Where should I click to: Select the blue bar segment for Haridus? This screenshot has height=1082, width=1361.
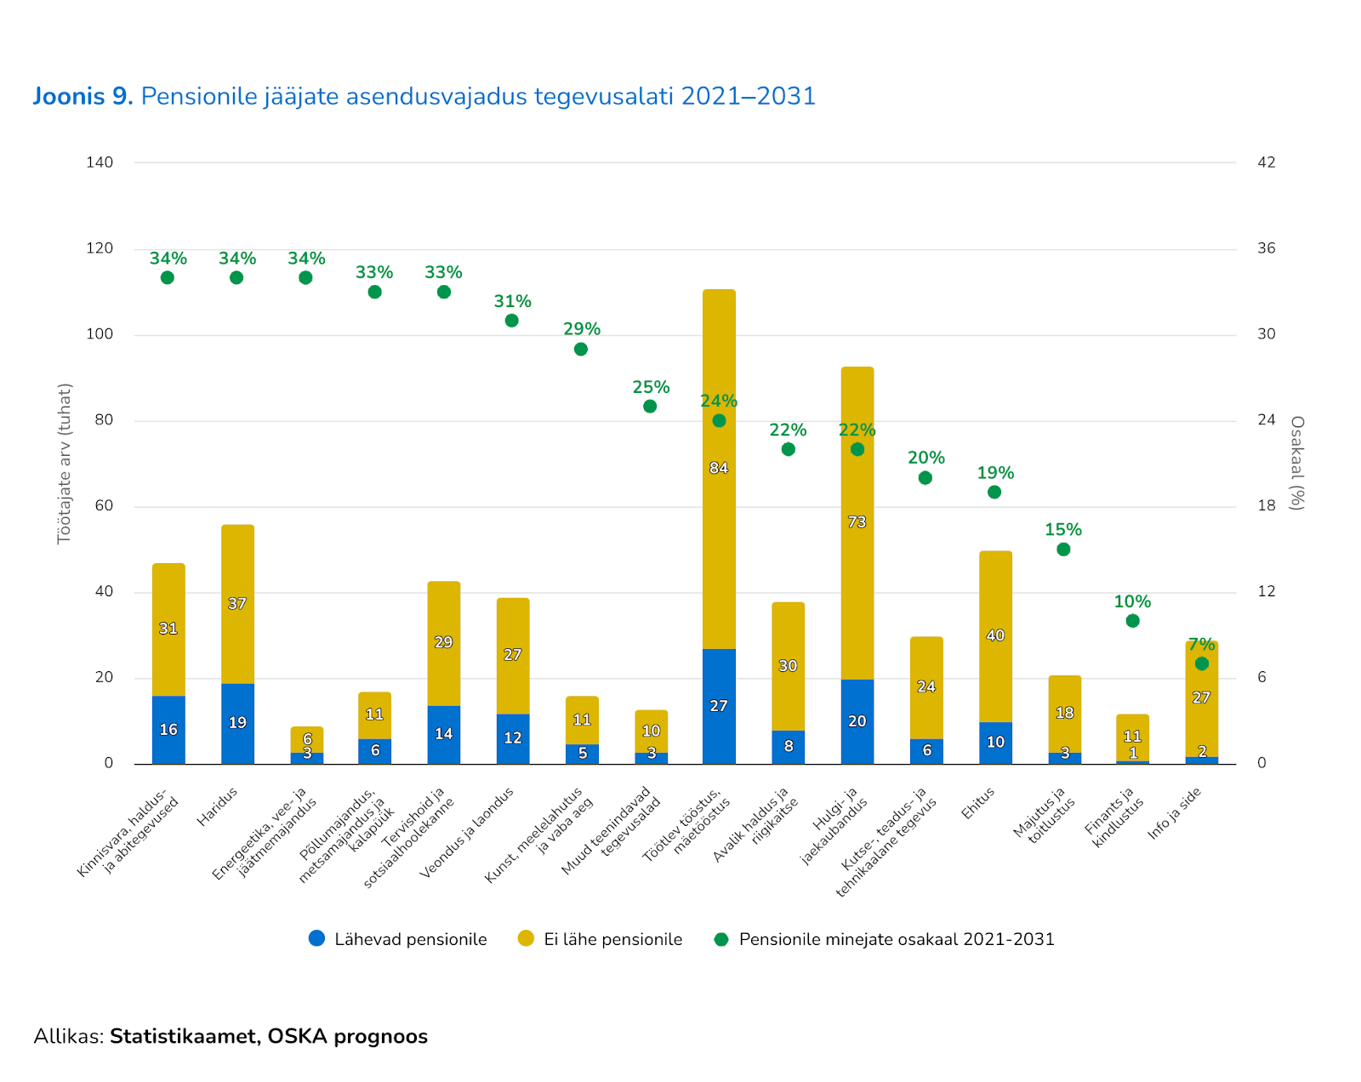[x=237, y=723]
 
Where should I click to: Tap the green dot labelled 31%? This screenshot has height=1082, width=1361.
[x=511, y=321]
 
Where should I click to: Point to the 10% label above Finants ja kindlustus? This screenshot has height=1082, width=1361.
[x=1132, y=601]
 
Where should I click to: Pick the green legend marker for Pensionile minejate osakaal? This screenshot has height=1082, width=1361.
[x=721, y=939]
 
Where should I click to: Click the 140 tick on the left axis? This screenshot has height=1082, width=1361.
[x=100, y=162]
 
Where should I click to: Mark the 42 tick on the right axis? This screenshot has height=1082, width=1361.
[x=1267, y=162]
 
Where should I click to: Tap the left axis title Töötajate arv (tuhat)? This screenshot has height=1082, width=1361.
[x=65, y=464]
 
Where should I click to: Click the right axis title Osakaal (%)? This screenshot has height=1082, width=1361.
[x=1297, y=463]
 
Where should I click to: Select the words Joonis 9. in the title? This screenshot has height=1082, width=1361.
[x=83, y=96]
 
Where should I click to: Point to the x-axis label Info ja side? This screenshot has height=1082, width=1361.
[x=1174, y=813]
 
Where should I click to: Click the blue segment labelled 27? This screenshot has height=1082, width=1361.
[x=719, y=706]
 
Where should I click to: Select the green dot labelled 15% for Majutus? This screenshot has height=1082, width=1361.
[x=1063, y=550]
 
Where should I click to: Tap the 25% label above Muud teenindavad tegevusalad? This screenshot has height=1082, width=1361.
[x=651, y=387]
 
